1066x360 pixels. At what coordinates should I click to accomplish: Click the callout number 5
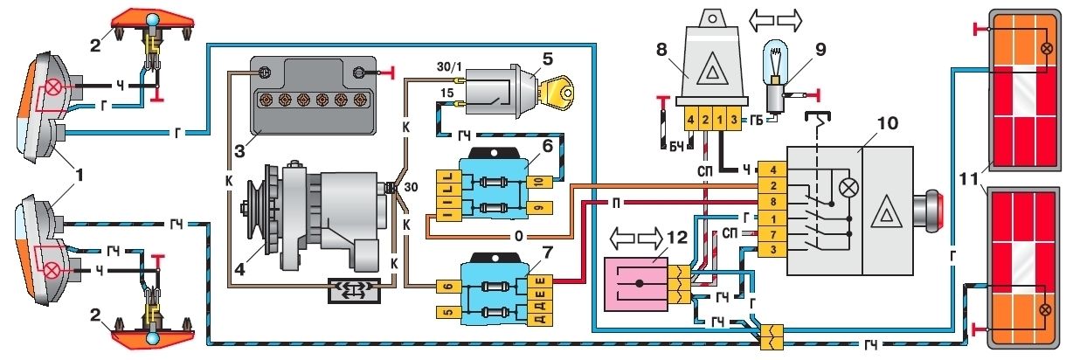546,59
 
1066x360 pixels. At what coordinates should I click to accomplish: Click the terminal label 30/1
446,67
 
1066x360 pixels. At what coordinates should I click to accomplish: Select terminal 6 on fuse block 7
446,286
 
